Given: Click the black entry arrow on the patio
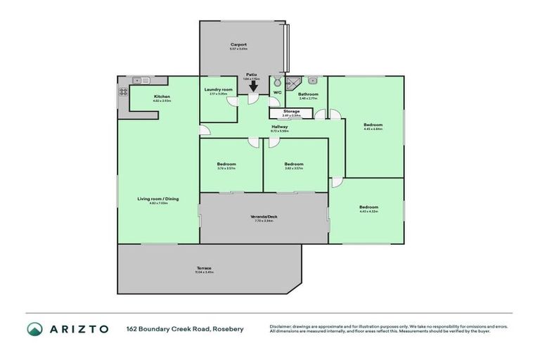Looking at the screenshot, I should click(252, 86).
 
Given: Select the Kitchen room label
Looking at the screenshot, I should click(162, 96).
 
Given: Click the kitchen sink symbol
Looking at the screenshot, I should click(138, 80).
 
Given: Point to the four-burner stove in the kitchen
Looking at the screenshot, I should click(123, 91).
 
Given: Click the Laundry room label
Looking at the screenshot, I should click(218, 90).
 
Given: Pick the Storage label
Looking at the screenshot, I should click(291, 111).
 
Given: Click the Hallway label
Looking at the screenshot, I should click(280, 127).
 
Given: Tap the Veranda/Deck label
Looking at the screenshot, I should click(264, 216).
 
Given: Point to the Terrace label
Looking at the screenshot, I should click(204, 268).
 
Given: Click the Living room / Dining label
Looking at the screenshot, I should click(157, 199).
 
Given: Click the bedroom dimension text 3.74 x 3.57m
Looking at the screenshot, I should click(226, 169).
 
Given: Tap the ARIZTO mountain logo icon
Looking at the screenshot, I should click(35, 329).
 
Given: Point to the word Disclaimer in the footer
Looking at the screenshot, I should click(282, 326).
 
